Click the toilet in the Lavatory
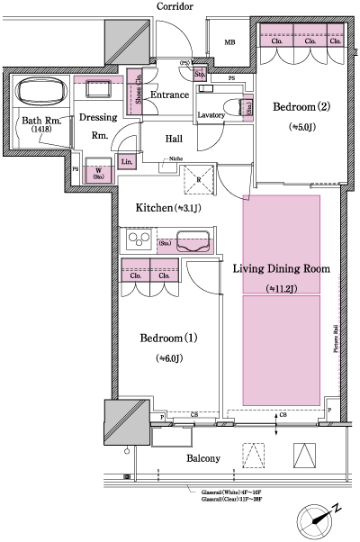coord(244,108)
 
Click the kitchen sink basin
coord(194,242)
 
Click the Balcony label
coord(203,458)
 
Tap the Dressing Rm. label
coord(99,126)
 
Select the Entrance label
coord(168,95)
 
